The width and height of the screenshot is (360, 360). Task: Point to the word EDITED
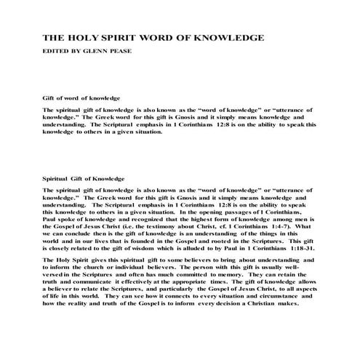(x=57, y=52)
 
